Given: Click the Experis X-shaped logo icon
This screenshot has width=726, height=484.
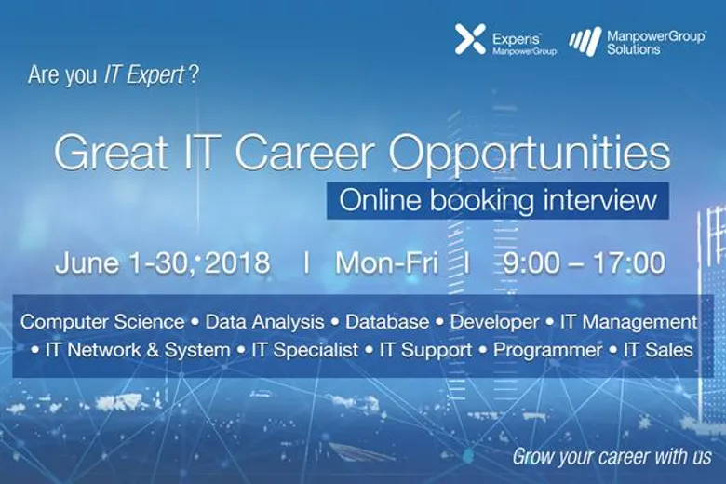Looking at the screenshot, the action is click(x=470, y=39).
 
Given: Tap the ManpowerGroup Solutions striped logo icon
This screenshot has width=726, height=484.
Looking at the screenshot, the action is click(x=585, y=41).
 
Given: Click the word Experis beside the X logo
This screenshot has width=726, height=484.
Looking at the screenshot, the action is click(x=517, y=39).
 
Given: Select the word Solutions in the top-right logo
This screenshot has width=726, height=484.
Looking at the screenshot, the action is click(x=634, y=48).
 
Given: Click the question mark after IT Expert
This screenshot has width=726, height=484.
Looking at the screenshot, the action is click(x=194, y=74).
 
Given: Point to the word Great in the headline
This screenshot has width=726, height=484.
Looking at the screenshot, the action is click(x=111, y=153).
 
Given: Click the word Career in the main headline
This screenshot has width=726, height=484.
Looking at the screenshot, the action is click(x=303, y=153).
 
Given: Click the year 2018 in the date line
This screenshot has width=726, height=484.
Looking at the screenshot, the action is click(x=237, y=262).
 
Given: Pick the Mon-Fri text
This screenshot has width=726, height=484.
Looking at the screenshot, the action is click(x=386, y=263).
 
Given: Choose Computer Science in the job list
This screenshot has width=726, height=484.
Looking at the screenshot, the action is click(x=102, y=322).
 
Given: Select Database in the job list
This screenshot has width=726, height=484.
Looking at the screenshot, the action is click(x=387, y=322).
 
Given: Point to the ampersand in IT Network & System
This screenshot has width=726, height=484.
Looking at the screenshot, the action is click(x=153, y=350).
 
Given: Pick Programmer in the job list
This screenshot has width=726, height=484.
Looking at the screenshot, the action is click(x=547, y=351).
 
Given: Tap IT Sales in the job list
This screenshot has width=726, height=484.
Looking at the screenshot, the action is click(x=658, y=350).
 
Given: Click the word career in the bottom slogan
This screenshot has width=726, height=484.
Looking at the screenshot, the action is click(x=612, y=457).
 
